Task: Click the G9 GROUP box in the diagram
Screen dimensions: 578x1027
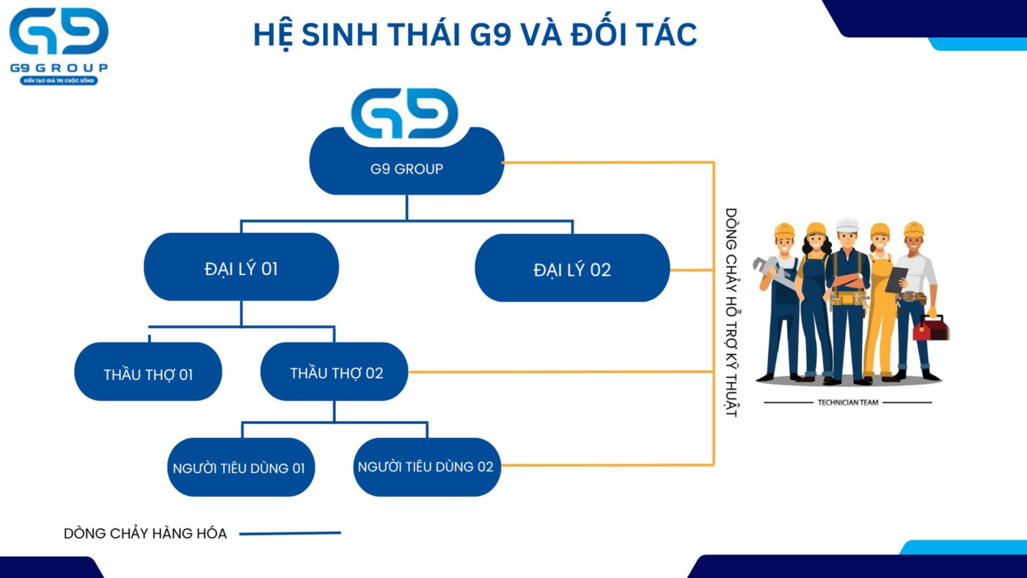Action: point(406,169)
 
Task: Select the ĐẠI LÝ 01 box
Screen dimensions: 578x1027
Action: point(241,268)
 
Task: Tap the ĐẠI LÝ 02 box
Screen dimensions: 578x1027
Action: point(572,269)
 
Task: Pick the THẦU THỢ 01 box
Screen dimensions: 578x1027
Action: point(148,374)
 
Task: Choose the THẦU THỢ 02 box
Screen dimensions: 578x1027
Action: point(336,373)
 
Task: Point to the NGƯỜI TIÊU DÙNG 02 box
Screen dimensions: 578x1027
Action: point(425,467)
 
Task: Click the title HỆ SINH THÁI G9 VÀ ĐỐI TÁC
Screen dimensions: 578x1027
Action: point(475,35)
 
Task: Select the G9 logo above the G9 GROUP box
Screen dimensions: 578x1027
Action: point(405,114)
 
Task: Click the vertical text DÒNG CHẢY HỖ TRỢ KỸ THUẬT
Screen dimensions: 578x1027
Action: point(731,312)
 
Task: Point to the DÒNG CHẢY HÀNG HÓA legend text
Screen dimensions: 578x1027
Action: point(145,533)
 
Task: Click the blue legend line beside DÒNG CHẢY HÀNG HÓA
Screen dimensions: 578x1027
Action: point(290,533)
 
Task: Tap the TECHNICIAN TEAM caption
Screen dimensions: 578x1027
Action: point(847,402)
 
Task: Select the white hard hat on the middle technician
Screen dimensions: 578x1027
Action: point(847,225)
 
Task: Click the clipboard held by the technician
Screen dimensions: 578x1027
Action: point(896,279)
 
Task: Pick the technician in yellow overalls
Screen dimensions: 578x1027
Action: point(880,308)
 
